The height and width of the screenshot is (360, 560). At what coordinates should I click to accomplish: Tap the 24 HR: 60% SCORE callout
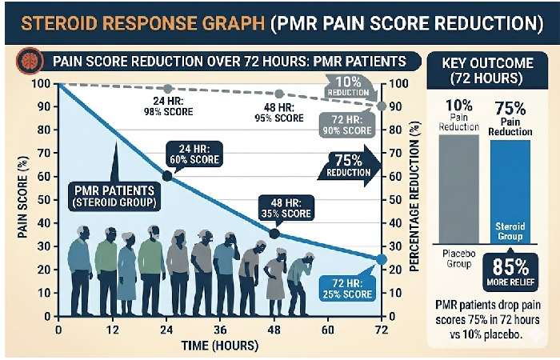pos(194,153)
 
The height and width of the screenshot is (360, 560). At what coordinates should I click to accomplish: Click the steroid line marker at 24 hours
pos(166,176)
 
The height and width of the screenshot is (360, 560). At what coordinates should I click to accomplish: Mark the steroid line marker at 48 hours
pos(274,234)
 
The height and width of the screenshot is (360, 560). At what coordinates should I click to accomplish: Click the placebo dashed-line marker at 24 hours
pos(166,88)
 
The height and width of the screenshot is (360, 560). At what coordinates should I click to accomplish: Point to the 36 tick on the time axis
pos(220,330)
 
